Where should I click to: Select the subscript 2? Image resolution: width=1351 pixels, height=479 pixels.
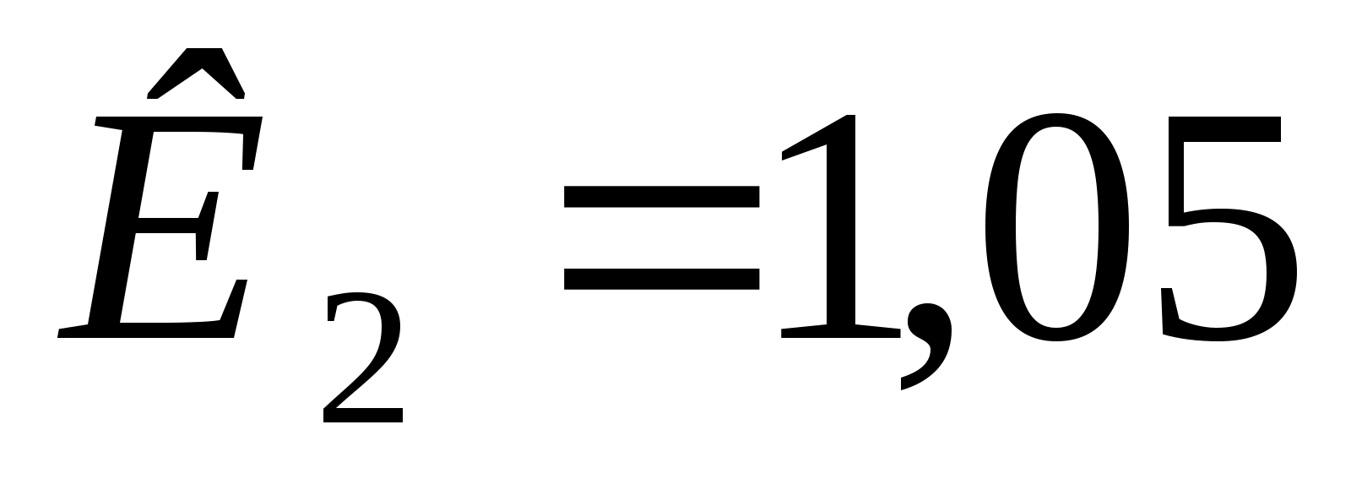point(363,359)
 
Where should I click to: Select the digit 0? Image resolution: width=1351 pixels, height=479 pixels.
point(1055,228)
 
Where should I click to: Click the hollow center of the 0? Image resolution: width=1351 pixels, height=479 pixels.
point(1055,228)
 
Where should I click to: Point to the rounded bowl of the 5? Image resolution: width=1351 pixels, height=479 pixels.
point(1258,270)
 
